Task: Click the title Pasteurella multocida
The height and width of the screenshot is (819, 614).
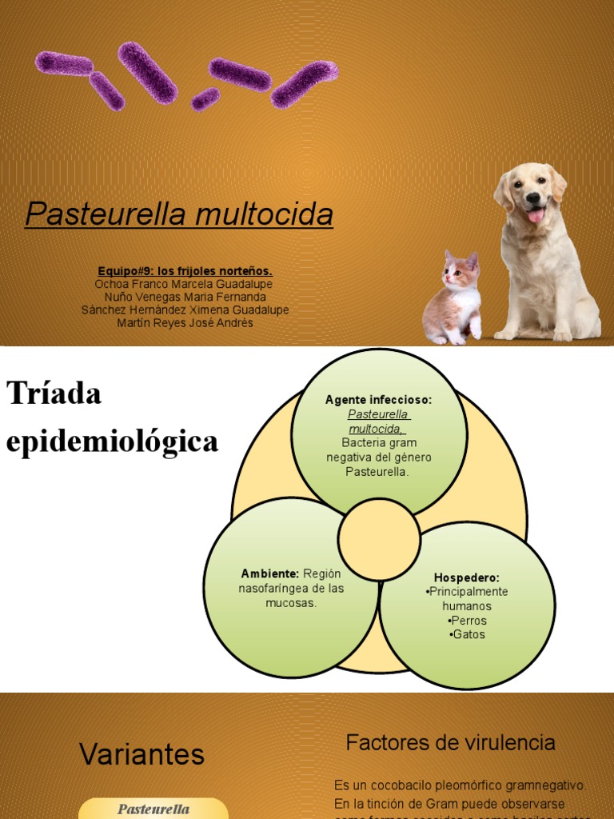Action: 179,214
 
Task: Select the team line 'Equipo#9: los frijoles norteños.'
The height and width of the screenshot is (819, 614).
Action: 185,271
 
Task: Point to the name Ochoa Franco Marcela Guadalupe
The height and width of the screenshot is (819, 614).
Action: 185,284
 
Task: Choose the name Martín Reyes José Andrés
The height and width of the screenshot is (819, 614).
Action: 185,323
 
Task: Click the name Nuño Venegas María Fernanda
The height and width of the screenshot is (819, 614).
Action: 185,297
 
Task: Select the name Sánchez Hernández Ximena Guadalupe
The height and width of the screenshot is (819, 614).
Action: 185,310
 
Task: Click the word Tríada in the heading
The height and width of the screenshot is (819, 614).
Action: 54,394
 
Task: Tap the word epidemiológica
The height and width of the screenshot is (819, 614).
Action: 112,441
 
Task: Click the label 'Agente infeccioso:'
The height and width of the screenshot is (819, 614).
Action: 378,400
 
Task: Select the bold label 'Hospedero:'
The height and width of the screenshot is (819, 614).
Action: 467,577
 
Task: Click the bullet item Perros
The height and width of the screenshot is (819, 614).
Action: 468,621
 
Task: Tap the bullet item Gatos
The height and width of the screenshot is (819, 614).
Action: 468,635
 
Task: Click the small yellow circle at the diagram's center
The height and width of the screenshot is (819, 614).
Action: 379,540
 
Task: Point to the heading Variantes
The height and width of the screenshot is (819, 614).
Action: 142,754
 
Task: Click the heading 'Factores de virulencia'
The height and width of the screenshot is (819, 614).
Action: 450,743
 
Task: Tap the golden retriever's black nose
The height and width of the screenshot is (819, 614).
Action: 532,197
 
